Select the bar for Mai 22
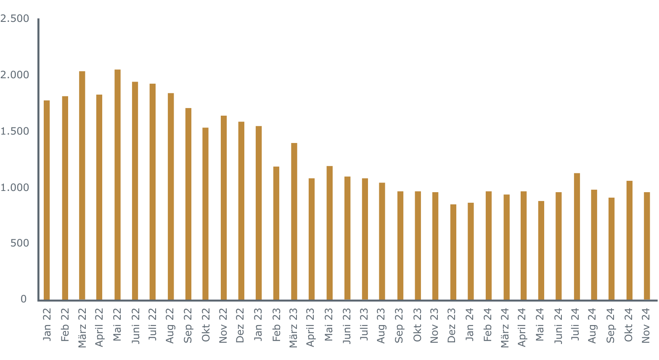(117, 185)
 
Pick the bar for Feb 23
(276, 233)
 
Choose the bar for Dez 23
(453, 252)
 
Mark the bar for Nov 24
(647, 246)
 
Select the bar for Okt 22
(205, 214)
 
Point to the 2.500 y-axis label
(15, 19)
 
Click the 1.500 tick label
(15, 131)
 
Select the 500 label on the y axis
(20, 243)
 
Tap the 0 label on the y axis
(24, 299)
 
